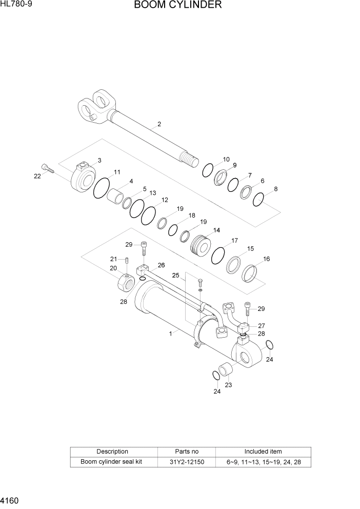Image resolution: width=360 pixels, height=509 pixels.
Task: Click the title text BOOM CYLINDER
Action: click(178, 6)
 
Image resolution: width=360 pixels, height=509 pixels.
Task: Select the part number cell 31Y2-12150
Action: click(187, 462)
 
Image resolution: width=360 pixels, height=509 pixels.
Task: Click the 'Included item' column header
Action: click(263, 452)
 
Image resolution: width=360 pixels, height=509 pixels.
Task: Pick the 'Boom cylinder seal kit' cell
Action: click(112, 462)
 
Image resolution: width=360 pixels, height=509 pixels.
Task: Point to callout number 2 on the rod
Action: click(159, 124)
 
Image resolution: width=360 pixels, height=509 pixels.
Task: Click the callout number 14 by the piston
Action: click(216, 230)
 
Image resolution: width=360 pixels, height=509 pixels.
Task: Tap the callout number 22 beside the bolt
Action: click(37, 176)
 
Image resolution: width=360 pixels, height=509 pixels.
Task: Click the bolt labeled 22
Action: click(46, 168)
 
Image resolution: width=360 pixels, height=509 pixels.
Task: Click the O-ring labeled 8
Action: click(259, 199)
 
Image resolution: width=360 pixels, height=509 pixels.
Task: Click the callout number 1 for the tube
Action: click(170, 333)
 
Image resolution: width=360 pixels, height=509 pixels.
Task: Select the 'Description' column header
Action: click(112, 452)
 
